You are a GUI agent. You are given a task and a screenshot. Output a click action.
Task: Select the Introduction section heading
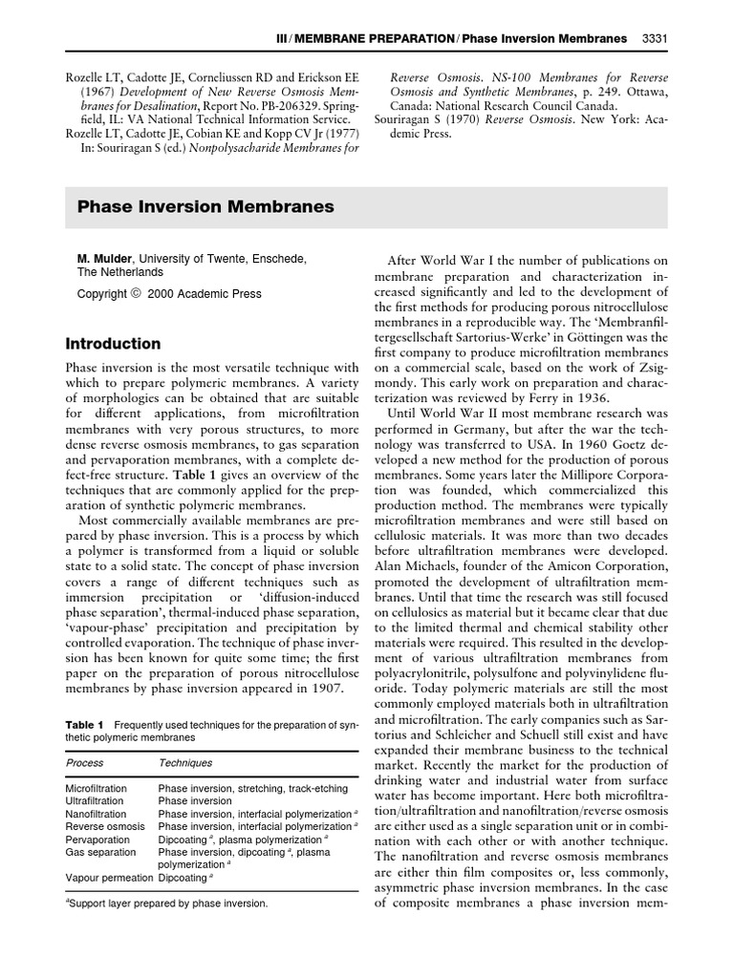pos(113,343)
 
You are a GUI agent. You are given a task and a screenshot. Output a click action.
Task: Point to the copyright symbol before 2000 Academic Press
pos(135,294)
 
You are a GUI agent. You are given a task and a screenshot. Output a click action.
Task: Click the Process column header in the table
pos(85,763)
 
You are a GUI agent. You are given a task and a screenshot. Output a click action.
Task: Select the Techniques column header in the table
pos(185,763)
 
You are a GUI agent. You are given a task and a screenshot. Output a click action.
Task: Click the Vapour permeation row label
pos(108,877)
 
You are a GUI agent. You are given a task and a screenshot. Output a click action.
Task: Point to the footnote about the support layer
pos(166,903)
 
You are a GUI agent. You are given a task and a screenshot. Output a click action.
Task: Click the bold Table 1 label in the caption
pos(84,725)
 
